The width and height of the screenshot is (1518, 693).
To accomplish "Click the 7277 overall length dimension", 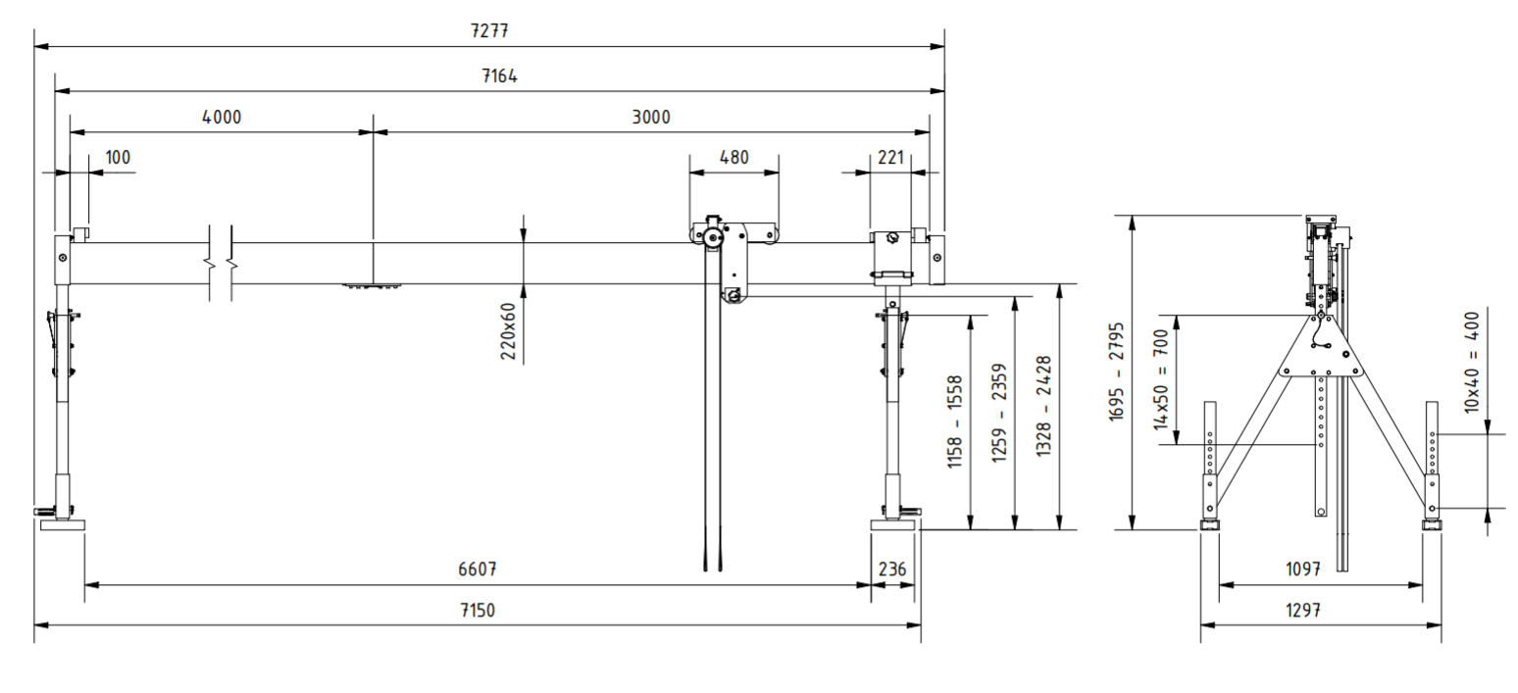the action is pyautogui.click(x=489, y=30).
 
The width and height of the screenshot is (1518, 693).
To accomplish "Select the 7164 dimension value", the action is pyautogui.click(x=499, y=75).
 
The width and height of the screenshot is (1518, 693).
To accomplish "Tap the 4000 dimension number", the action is pyautogui.click(x=222, y=118).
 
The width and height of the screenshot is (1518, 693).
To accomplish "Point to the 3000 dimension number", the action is pyautogui.click(x=651, y=118).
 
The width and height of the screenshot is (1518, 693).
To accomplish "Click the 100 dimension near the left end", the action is pyautogui.click(x=118, y=157).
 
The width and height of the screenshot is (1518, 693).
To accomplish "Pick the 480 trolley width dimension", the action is pyautogui.click(x=734, y=157).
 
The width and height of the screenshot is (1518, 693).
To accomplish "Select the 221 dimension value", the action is pyautogui.click(x=890, y=157).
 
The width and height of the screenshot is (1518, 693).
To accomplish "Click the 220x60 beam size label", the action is pyautogui.click(x=508, y=331).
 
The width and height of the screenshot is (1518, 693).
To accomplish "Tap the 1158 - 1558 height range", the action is pyautogui.click(x=954, y=422).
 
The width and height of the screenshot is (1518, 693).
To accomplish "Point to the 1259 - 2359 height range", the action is pyautogui.click(x=999, y=414).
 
